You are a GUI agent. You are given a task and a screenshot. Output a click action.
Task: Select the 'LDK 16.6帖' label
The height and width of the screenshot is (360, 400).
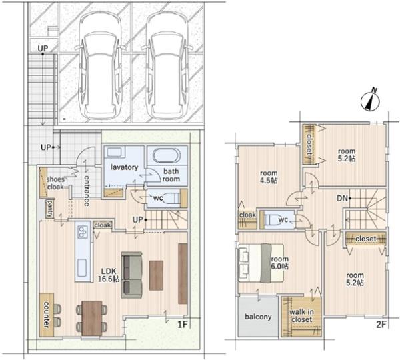109,275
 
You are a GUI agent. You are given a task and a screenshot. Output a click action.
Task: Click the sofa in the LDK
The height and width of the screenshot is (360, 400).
131,275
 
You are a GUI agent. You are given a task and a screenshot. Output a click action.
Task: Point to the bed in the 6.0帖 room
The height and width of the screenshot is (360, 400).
261,263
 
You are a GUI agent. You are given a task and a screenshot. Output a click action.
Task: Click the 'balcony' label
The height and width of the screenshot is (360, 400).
258,317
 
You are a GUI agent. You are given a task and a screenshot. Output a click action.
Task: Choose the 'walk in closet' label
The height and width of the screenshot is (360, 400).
301,315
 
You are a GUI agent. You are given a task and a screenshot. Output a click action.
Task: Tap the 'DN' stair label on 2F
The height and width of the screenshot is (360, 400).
342,198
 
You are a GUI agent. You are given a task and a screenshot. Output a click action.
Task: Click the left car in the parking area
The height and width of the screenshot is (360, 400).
100,66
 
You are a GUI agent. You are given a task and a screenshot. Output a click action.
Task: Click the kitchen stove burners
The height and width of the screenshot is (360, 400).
82,232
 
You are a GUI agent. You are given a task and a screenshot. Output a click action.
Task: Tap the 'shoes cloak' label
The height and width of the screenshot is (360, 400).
55,183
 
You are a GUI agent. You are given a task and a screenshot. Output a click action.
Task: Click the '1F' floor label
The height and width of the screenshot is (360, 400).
183,325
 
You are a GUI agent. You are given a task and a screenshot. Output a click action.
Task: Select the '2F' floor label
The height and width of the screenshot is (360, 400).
381,325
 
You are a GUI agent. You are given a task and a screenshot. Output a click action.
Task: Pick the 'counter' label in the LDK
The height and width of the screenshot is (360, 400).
46,314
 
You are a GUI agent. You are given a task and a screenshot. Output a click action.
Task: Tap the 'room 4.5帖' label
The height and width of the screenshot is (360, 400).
269,177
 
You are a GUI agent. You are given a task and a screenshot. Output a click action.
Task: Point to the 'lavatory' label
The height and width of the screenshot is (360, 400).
124,167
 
